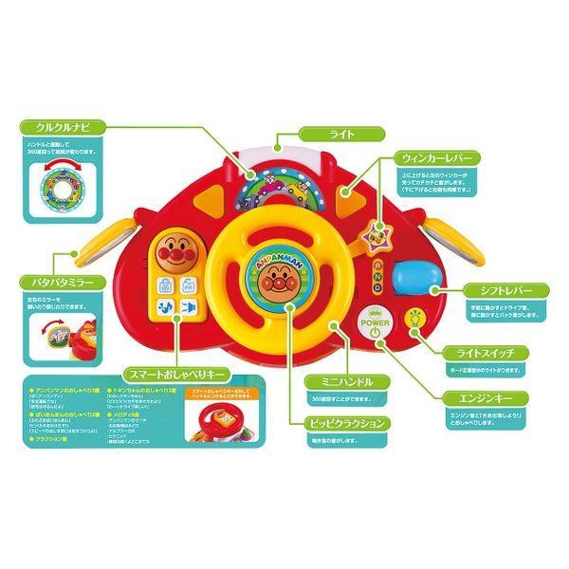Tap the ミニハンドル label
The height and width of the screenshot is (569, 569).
pyautogui.click(x=351, y=380)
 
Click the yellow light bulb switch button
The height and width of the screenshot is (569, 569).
pyautogui.click(x=414, y=319)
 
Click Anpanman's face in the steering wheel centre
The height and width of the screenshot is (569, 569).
pyautogui.click(x=277, y=282)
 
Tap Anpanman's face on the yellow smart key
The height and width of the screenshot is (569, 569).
pyautogui.click(x=174, y=253)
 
